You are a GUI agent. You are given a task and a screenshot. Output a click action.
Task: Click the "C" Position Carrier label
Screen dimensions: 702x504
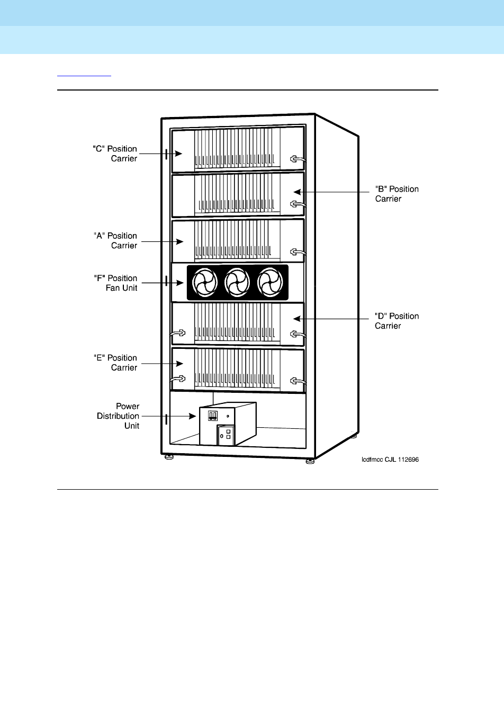point(115,154)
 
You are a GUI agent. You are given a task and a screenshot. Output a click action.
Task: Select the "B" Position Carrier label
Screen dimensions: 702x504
point(397,194)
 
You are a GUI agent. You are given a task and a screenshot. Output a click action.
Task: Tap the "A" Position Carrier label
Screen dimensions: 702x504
point(115,240)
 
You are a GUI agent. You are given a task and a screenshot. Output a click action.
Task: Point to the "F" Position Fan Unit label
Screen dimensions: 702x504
point(115,283)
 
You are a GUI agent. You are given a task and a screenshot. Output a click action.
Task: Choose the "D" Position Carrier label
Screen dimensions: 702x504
point(397,321)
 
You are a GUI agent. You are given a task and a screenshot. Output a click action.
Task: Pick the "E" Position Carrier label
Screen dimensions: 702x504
point(115,363)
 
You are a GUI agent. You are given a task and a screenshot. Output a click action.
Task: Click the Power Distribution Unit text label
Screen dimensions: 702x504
point(119,416)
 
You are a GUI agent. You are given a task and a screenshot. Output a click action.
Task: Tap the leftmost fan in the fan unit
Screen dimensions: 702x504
point(205,283)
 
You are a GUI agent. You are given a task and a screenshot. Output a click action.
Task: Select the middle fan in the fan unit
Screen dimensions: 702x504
point(238,283)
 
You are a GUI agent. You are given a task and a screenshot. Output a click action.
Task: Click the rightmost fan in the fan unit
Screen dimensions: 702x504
point(271,283)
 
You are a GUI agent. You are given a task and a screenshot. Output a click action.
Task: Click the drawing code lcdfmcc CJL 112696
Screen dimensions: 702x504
point(390,460)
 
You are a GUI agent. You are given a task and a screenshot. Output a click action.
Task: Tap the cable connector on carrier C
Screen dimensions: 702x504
point(297,159)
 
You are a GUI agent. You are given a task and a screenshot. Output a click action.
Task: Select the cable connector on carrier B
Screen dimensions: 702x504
point(297,204)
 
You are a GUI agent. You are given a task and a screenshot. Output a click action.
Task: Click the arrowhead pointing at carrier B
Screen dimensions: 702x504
point(297,192)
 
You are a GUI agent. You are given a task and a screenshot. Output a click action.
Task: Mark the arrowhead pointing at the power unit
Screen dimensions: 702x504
point(194,416)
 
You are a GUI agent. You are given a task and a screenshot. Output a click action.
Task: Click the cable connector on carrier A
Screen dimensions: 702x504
point(297,251)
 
